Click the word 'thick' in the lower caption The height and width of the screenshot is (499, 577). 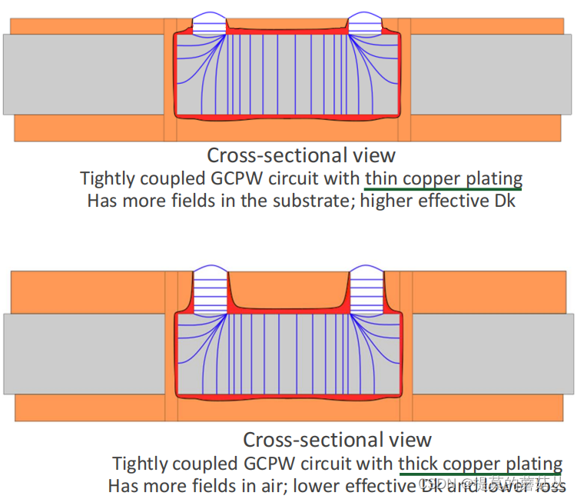(x=419, y=464)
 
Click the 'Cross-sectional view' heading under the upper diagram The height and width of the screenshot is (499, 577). (x=301, y=155)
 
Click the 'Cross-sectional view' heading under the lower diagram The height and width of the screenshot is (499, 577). (x=337, y=440)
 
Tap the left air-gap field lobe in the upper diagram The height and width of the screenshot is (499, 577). (x=208, y=23)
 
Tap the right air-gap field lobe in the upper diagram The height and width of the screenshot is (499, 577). (x=366, y=23)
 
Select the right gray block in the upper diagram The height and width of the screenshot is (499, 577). (x=492, y=75)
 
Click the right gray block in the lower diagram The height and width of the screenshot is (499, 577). (x=492, y=354)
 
